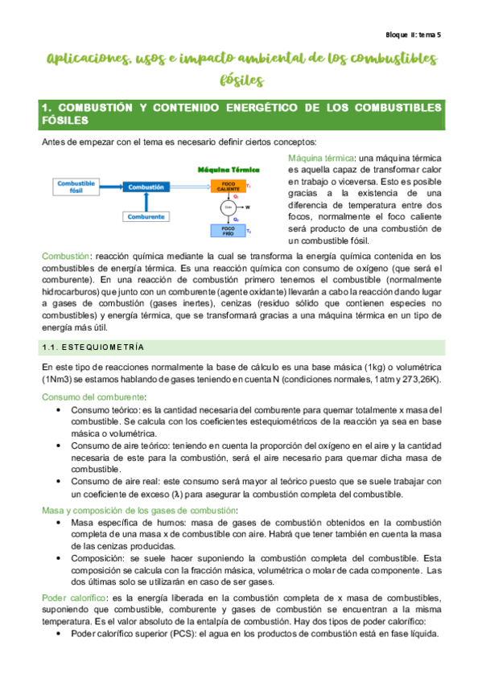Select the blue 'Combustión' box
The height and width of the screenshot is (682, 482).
point(146,187)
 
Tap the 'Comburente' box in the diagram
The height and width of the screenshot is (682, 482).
point(146,216)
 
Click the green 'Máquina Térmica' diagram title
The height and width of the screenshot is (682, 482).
point(226,170)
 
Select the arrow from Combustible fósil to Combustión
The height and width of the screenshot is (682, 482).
point(111,187)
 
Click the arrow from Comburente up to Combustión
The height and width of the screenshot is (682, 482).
point(146,202)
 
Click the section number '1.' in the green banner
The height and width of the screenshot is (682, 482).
point(45,107)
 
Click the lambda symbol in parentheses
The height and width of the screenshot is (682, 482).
point(193,493)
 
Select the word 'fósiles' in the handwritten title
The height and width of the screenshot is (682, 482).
point(241,80)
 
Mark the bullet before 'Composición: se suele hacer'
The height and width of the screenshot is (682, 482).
point(62,556)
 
